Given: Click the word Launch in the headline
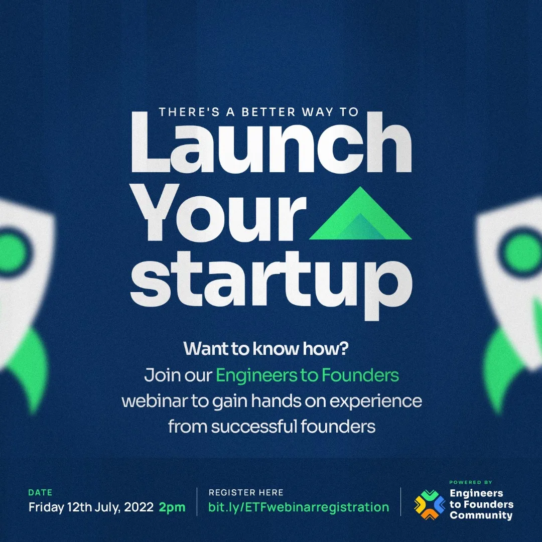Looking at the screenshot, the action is coord(272,142).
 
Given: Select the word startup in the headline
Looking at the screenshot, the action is coord(272,285).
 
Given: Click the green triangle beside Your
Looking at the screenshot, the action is coord(360,214).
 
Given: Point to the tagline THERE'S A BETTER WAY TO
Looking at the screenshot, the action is coord(258,112).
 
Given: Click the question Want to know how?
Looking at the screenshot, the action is coord(266,348).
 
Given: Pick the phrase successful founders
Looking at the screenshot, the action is coord(294,427).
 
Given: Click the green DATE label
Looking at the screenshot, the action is coord(40,492).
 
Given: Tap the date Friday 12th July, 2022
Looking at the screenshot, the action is coord(91,507).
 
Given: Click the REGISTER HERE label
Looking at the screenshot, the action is coord(246,492).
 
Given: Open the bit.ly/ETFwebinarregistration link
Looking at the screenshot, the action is coord(299,507).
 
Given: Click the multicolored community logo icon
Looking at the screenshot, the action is coord(430,505).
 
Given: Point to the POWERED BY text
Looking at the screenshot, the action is coord(470,482).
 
